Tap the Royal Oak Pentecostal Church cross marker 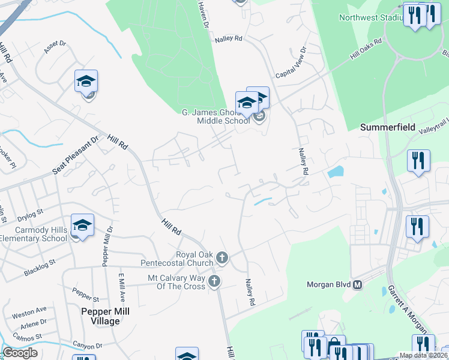click(222, 258)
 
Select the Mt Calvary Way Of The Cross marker click(214, 281)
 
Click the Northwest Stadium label click(370, 17)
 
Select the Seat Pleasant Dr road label click(76, 155)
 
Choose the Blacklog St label click(40, 267)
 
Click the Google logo click(20, 353)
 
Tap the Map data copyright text click(423, 355)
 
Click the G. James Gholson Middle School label click(215, 116)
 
